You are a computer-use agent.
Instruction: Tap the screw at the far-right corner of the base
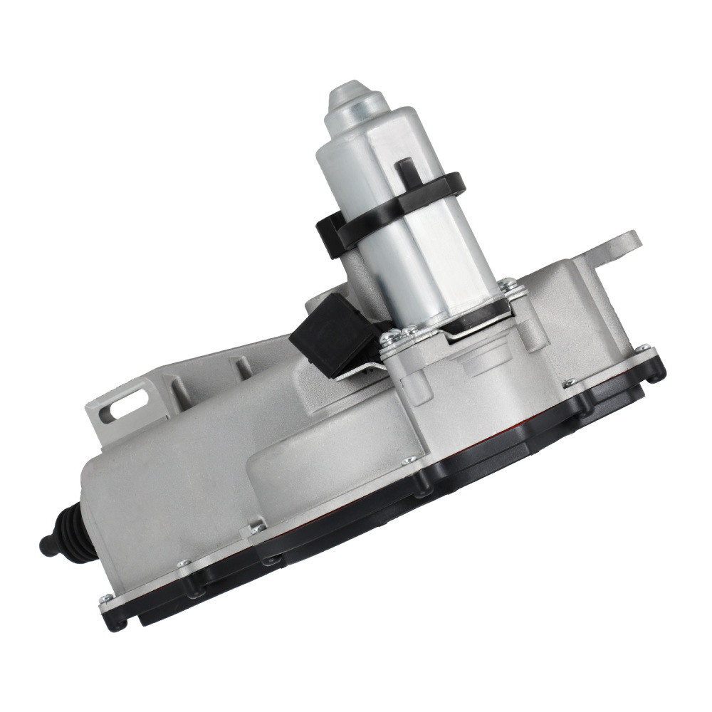pos(644,349)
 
